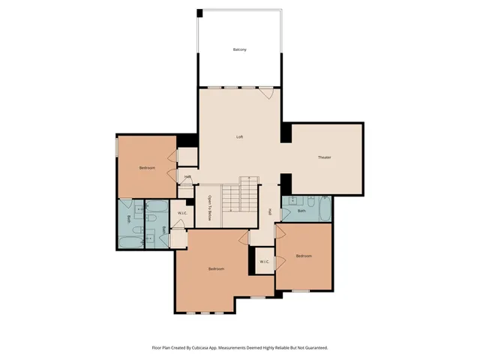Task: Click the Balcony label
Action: [x=240, y=49]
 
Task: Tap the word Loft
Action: [x=240, y=137]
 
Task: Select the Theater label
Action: [x=324, y=157]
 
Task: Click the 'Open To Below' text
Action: [x=211, y=208]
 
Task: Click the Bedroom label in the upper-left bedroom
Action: [x=147, y=167]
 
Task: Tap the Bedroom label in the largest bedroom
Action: [x=216, y=268]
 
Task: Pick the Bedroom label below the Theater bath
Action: [x=304, y=256]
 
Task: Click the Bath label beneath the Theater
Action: [x=301, y=211]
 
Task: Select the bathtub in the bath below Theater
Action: [x=325, y=209]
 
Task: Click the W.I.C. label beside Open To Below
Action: [x=182, y=214]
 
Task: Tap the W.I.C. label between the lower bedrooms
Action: [x=265, y=261]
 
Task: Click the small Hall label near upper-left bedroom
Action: [x=187, y=177]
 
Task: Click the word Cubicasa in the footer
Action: [x=199, y=347]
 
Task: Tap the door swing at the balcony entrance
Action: [x=266, y=93]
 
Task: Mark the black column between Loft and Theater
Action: [x=286, y=132]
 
